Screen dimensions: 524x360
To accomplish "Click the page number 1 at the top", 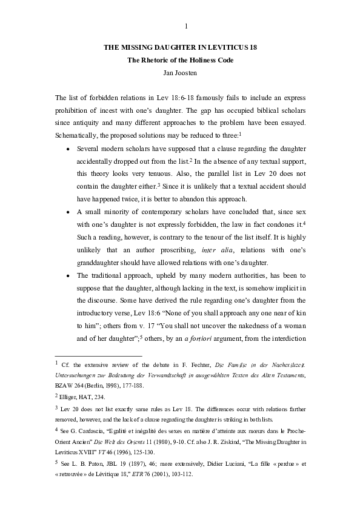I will (185, 25).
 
